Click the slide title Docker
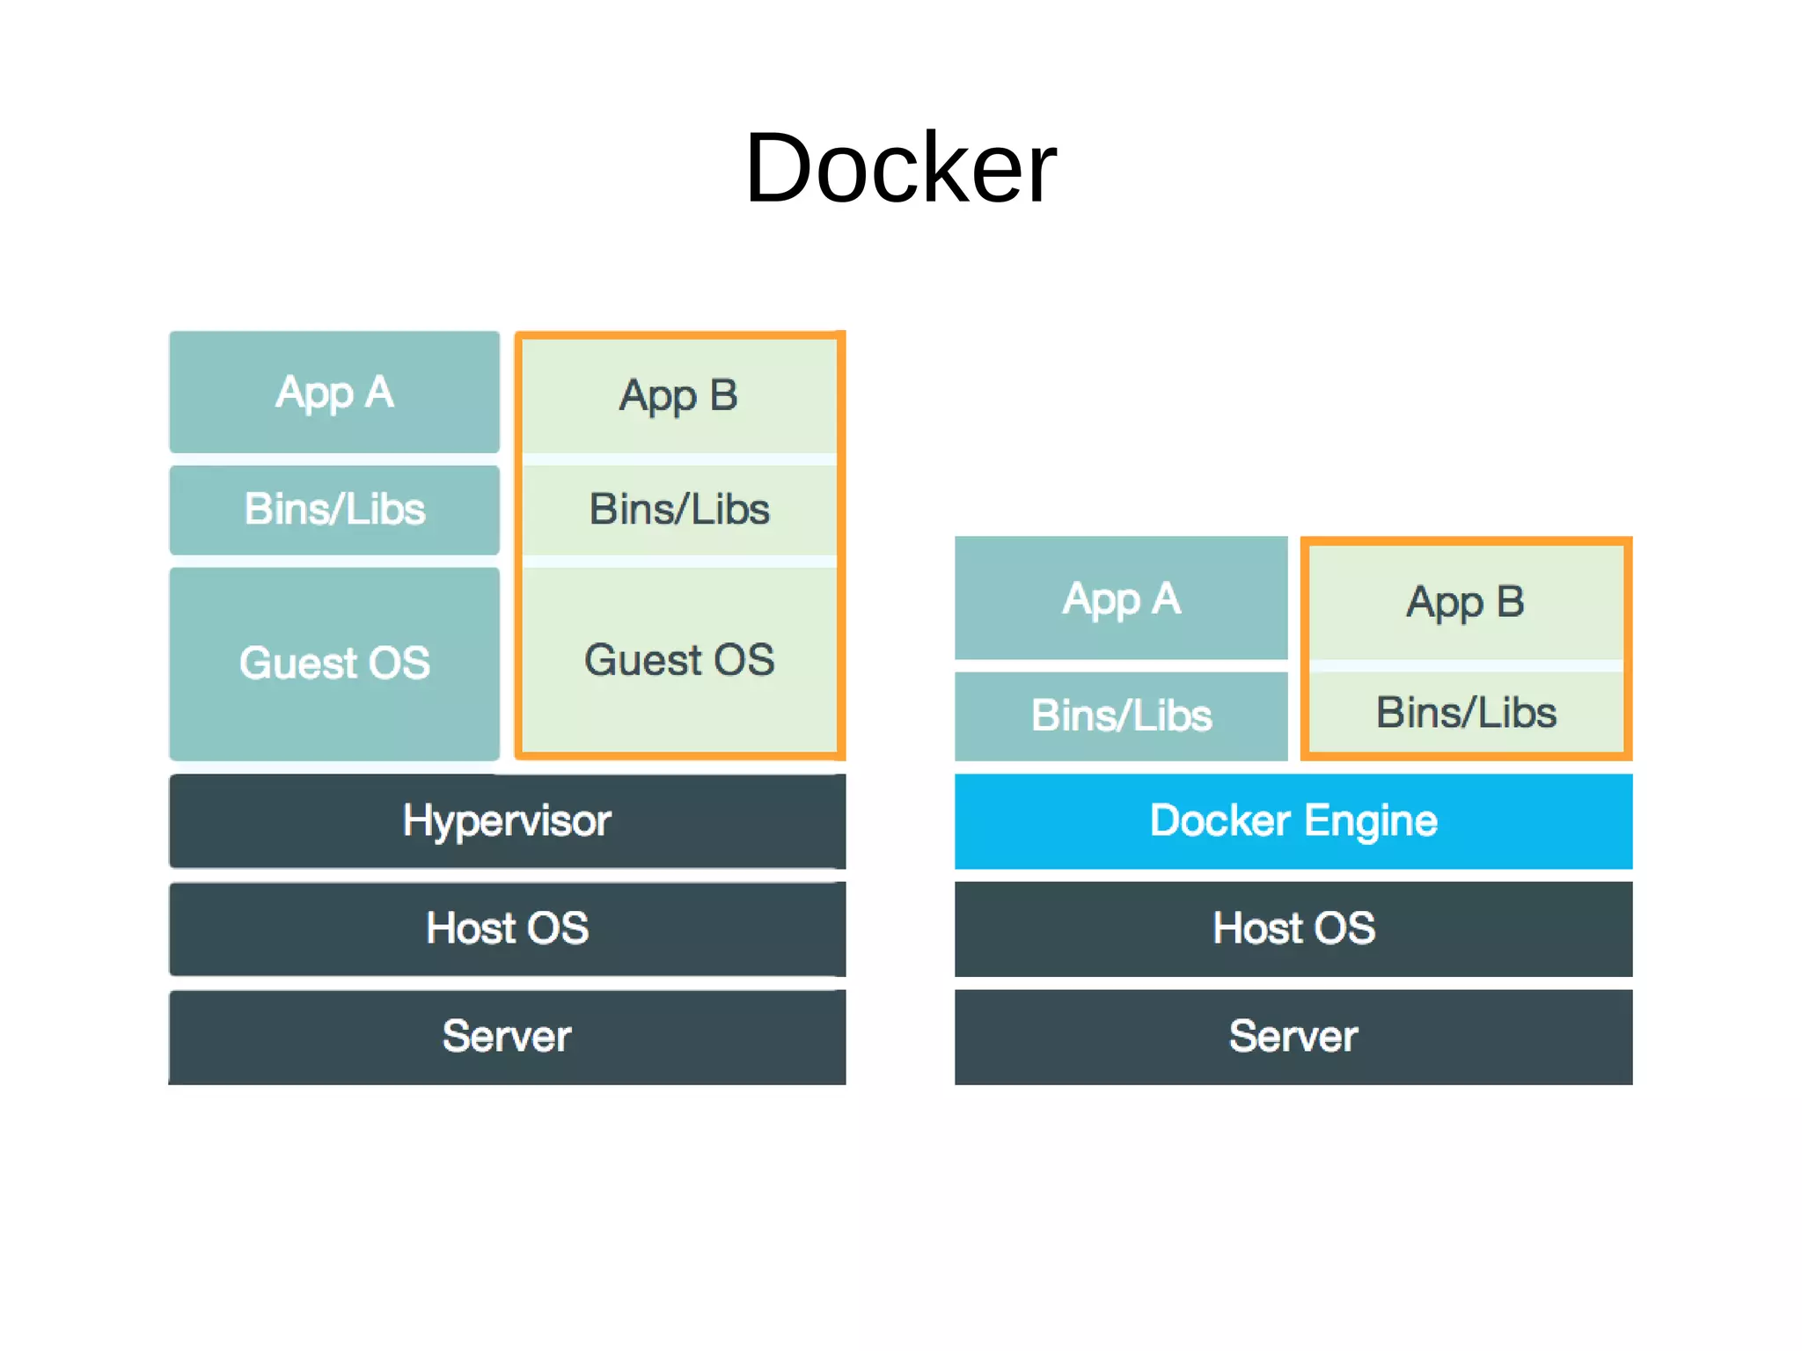point(900,167)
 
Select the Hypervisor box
point(507,820)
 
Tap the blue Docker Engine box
point(1293,820)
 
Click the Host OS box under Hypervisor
point(507,928)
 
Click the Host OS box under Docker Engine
point(1293,928)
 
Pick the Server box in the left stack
point(507,1036)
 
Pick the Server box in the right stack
point(1293,1036)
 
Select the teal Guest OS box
point(334,663)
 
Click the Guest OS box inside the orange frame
point(679,660)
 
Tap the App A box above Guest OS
point(334,392)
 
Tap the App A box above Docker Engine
point(1121,598)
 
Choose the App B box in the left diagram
point(679,395)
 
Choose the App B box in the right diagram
point(1466,602)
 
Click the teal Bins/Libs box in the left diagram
point(334,509)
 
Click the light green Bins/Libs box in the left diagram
point(679,509)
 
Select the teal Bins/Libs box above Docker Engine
point(1121,715)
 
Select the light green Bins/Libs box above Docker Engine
point(1466,712)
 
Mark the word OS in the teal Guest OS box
point(399,663)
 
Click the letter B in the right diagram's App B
point(1510,602)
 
